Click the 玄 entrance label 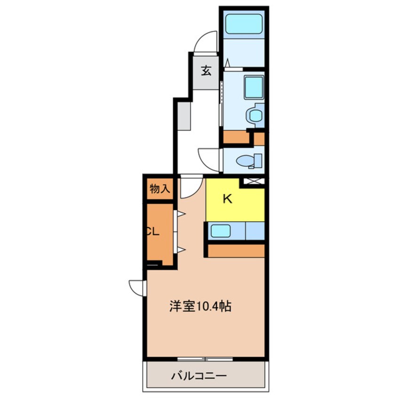point(206,71)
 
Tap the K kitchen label point(227,199)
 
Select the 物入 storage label point(159,189)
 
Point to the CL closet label point(153,231)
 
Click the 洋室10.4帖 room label point(200,306)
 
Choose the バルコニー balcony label point(199,376)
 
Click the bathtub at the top point(244,24)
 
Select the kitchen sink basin point(221,231)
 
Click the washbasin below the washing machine point(255,115)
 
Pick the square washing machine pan point(254,87)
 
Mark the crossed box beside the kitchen point(254,181)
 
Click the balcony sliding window point(205,359)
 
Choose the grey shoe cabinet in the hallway point(184,116)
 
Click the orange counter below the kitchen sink point(236,251)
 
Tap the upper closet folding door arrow point(181,214)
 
